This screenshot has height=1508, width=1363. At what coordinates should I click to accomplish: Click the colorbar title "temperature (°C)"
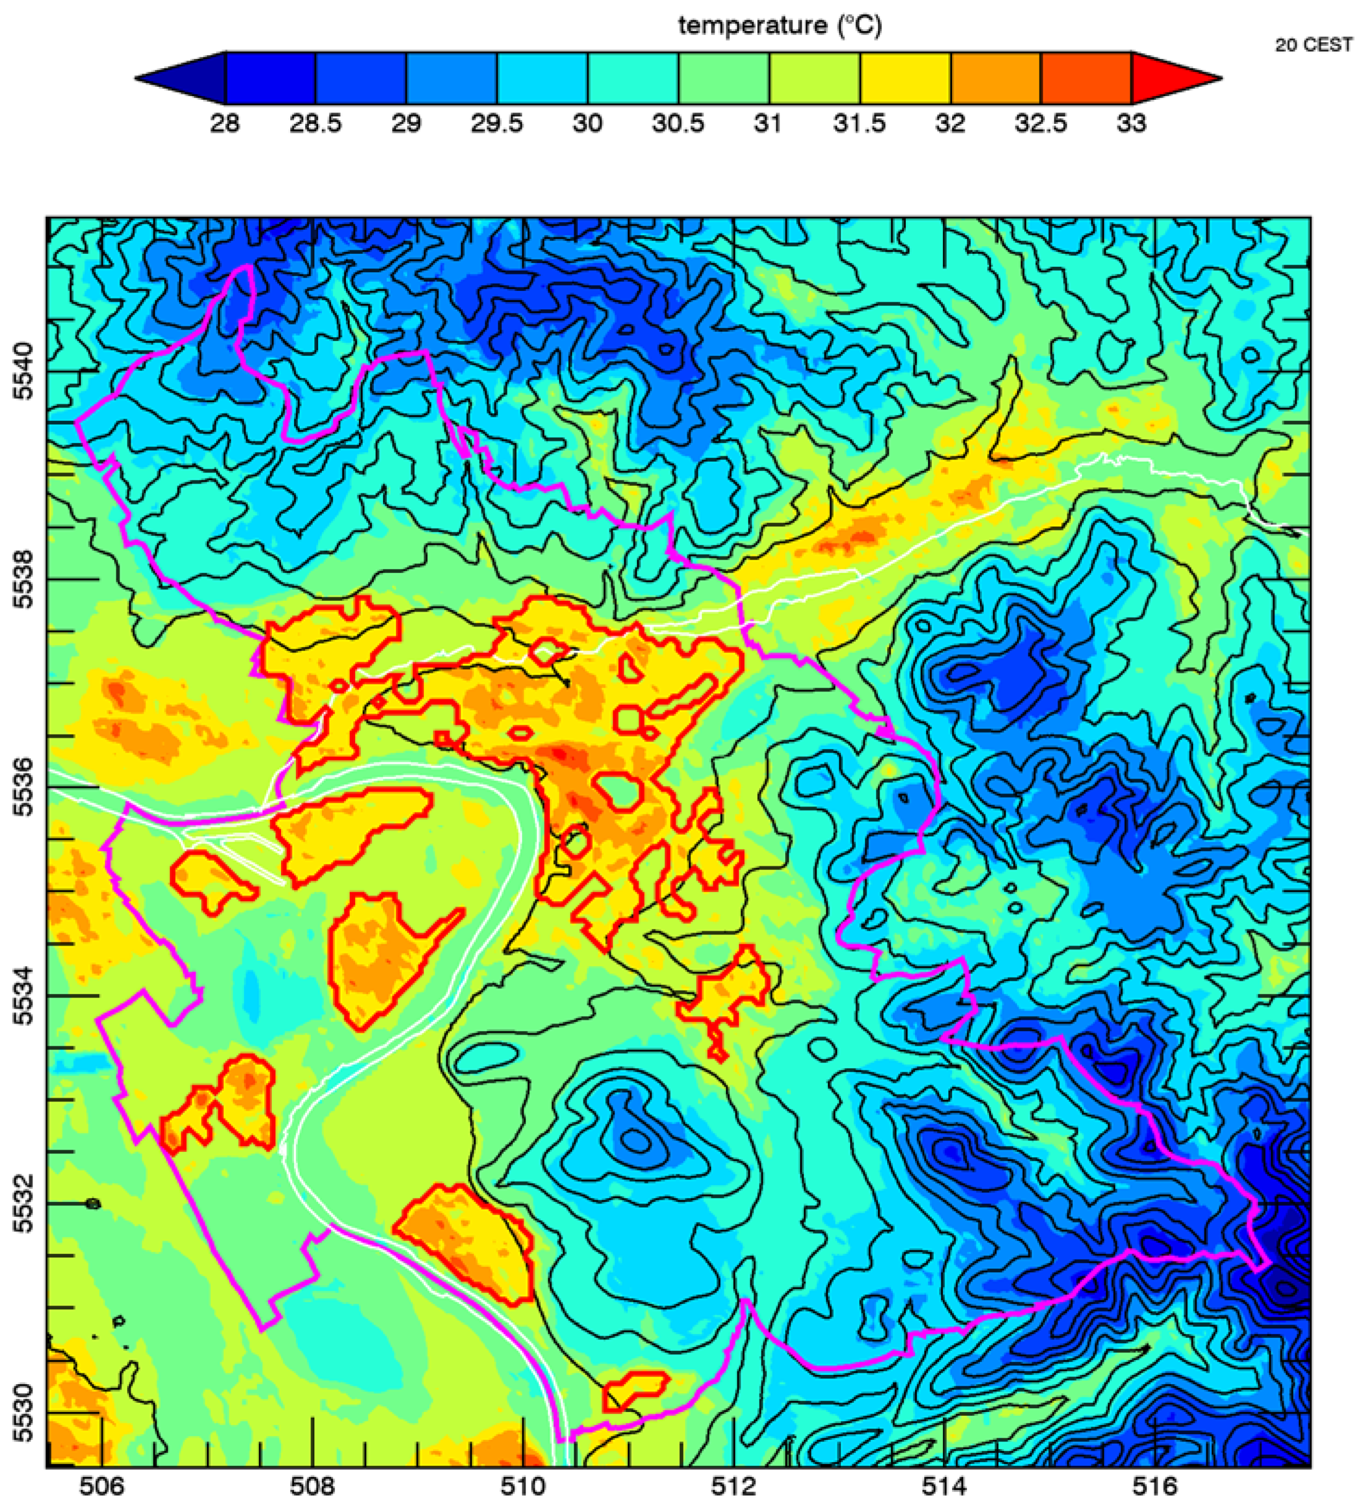[780, 26]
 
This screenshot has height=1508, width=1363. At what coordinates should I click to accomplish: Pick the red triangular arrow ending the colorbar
[1176, 78]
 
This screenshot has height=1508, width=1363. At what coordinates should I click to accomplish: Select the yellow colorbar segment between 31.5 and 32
[905, 78]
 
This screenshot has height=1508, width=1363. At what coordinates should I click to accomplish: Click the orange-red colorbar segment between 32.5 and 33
[1086, 78]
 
